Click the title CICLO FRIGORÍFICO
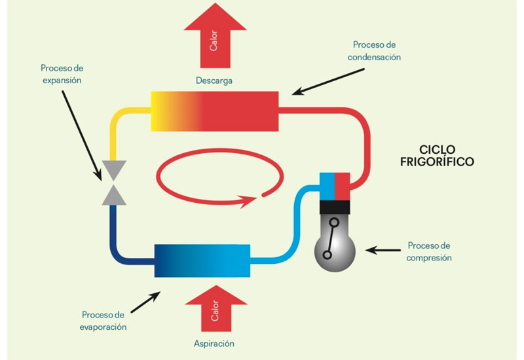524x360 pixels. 437,156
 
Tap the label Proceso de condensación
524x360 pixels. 374,51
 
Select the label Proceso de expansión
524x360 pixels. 62,74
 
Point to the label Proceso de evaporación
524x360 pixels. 103,321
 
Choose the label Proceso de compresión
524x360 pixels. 429,252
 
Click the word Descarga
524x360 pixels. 214,81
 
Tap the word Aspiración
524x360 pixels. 214,344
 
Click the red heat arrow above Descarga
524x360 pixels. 215,36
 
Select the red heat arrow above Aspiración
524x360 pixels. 216,308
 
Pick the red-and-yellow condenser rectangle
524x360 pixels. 215,111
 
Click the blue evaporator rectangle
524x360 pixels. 202,261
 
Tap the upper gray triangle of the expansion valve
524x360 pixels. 114,170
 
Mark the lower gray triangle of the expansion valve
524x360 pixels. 114,196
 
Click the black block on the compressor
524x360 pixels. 335,207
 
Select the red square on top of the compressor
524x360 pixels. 343,187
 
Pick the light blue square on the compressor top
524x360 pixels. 327,187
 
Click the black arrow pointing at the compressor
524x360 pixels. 383,250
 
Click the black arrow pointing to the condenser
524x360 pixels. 328,82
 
